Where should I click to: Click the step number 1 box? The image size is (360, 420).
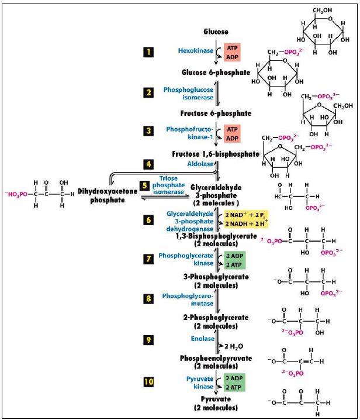(x=148, y=52)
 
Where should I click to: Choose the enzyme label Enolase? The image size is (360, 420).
(x=202, y=339)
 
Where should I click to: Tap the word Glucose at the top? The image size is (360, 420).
(x=216, y=31)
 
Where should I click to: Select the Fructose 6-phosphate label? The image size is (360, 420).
(x=216, y=113)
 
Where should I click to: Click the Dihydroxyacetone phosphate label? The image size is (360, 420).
(x=101, y=195)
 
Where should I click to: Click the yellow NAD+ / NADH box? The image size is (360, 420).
(x=245, y=219)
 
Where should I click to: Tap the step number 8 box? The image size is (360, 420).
(x=148, y=299)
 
